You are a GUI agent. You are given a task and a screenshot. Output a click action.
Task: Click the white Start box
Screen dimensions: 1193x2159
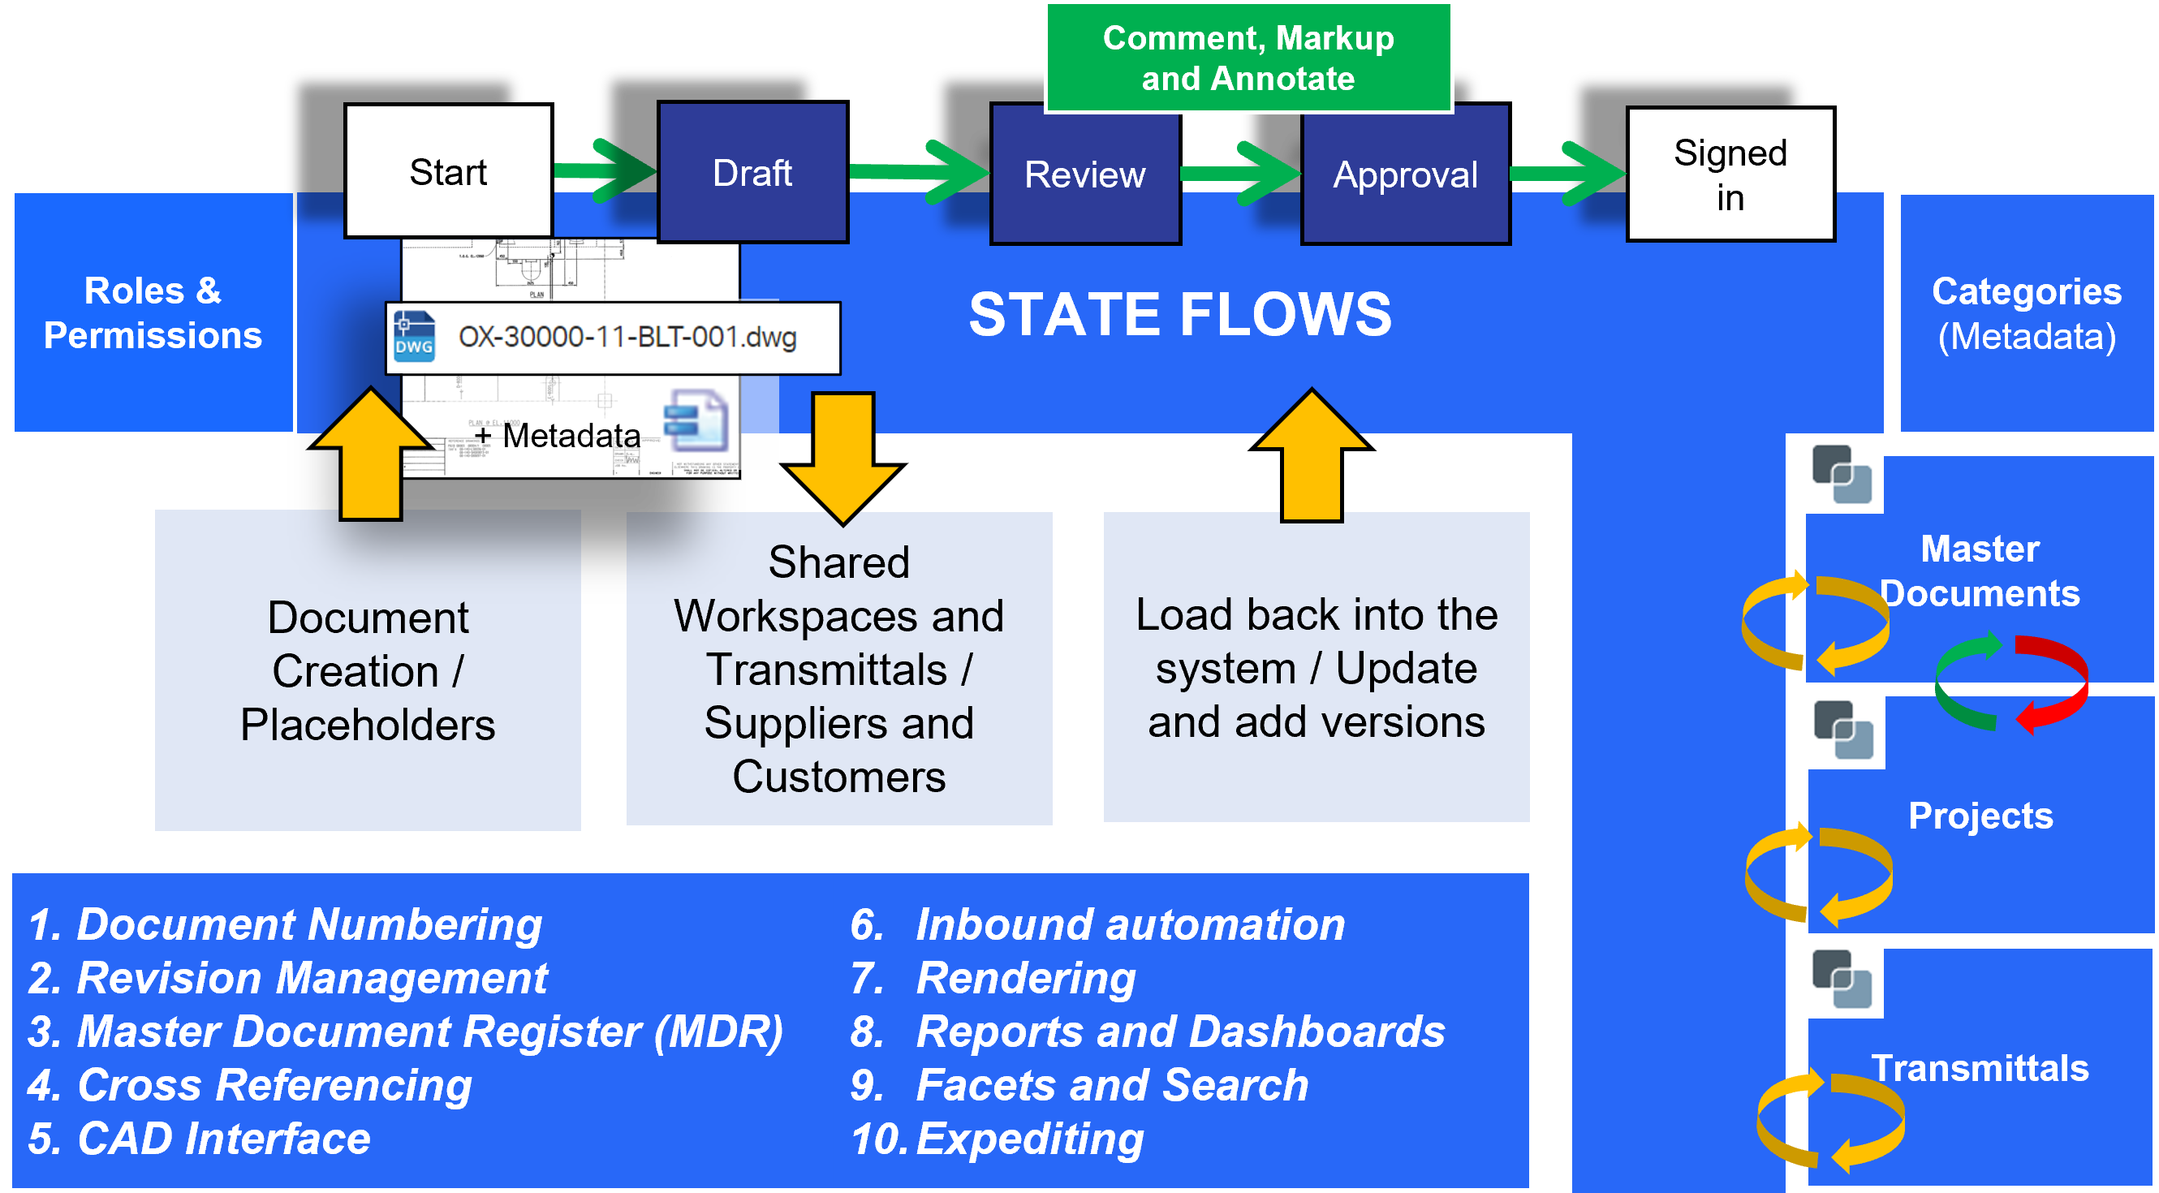point(447,172)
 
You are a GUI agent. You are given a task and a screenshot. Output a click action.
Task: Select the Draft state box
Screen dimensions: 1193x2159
point(752,174)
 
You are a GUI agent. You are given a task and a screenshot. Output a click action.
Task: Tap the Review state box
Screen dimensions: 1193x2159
point(1084,175)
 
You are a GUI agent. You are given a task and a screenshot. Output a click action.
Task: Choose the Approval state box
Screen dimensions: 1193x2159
point(1405,175)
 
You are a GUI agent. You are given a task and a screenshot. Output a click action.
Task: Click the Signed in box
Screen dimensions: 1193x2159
point(1730,175)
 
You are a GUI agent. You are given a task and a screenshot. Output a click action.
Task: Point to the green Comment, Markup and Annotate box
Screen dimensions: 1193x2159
point(1248,58)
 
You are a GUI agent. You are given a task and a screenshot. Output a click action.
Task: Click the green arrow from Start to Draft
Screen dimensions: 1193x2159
point(605,172)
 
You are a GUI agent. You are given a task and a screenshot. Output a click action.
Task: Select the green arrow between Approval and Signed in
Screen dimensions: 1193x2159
point(1567,174)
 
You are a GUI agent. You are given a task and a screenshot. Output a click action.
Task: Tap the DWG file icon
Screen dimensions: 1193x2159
point(414,338)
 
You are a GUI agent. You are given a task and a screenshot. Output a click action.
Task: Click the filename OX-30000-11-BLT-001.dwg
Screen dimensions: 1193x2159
point(627,338)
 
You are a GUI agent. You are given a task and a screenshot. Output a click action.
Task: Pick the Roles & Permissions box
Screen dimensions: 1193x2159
point(153,312)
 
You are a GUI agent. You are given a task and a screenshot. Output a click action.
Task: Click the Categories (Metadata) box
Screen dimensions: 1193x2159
point(2026,312)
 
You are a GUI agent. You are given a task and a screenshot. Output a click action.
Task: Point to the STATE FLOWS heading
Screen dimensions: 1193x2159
point(1179,314)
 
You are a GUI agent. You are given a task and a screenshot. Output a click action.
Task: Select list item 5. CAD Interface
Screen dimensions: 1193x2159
point(199,1139)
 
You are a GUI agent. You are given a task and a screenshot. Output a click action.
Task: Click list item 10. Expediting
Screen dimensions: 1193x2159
point(998,1139)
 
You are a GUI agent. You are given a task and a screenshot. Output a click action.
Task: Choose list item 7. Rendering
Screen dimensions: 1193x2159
point(993,978)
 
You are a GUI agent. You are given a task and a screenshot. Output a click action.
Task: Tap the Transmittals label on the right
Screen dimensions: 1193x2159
point(1980,1068)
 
